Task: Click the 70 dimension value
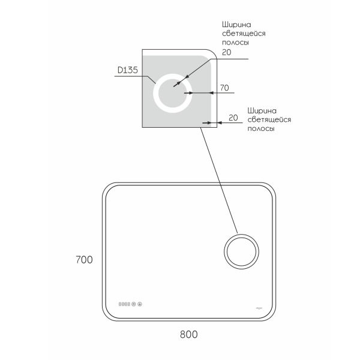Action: coord(224,88)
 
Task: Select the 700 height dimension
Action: coord(84,260)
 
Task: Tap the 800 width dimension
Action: coord(188,333)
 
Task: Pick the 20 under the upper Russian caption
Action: coord(226,52)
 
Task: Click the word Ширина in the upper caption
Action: coord(233,25)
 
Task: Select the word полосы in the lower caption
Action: coord(261,129)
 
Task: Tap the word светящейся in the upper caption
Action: coord(243,34)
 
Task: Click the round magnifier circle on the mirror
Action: coord(241,251)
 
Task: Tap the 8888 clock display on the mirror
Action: coord(125,304)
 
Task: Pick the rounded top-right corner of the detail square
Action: coord(208,55)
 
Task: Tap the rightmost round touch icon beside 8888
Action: coord(140,304)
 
